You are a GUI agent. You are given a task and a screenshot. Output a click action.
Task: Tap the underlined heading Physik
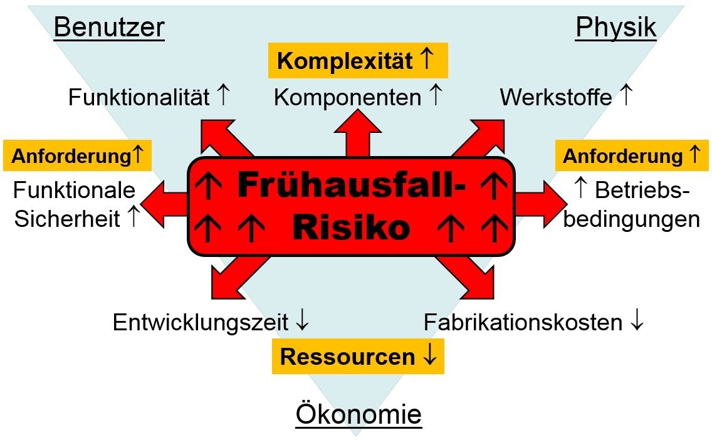pos(615,28)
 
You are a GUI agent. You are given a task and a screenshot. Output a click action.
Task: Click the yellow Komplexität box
pos(359,60)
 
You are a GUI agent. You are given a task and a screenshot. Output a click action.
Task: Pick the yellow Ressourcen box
pos(358,357)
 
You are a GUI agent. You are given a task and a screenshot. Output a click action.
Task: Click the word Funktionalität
pos(139,97)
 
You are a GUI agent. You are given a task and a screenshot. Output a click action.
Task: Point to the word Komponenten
pos(347,98)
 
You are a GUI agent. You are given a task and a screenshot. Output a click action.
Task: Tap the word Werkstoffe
pos(556,97)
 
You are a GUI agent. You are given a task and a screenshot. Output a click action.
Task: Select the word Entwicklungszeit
pos(201,322)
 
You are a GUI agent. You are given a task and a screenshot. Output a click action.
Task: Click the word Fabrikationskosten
pos(523,322)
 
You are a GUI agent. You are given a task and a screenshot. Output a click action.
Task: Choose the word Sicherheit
pos(66,219)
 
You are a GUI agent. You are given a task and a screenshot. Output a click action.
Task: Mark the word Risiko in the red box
pos(352,227)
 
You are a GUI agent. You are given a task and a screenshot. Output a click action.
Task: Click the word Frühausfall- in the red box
pos(352,184)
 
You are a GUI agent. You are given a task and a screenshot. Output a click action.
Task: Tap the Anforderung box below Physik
pos(632,155)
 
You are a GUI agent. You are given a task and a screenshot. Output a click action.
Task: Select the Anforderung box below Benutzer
pos(77,155)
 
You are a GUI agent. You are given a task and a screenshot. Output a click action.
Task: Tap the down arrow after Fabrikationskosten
pos(637,320)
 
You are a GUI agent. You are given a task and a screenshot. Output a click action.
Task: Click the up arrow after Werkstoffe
pos(626,95)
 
